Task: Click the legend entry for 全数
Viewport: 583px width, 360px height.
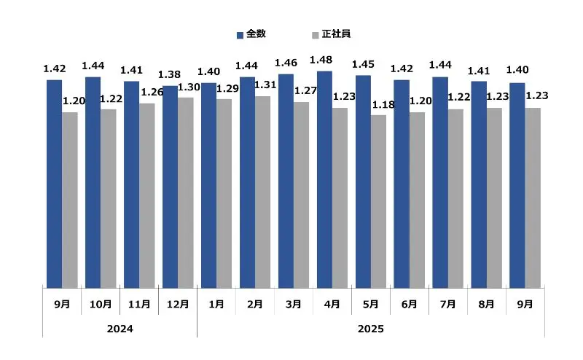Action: coord(251,34)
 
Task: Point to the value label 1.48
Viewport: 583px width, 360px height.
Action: coord(321,59)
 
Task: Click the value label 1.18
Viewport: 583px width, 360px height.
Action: coord(383,104)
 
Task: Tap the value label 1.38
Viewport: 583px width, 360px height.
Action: coord(170,74)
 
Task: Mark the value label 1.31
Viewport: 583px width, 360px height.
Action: coord(266,84)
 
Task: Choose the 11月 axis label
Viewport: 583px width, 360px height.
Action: coord(139,304)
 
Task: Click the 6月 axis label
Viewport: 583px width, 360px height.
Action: coord(409,304)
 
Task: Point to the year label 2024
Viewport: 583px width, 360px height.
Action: coord(120,329)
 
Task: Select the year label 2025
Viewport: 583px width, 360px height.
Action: coord(370,329)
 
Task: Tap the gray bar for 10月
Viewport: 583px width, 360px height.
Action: coord(108,197)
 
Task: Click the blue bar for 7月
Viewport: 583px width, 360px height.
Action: coord(440,181)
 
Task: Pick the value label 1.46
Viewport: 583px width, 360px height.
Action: coord(285,63)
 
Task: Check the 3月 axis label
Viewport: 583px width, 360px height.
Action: coord(293,304)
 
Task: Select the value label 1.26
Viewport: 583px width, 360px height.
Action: coord(151,92)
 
